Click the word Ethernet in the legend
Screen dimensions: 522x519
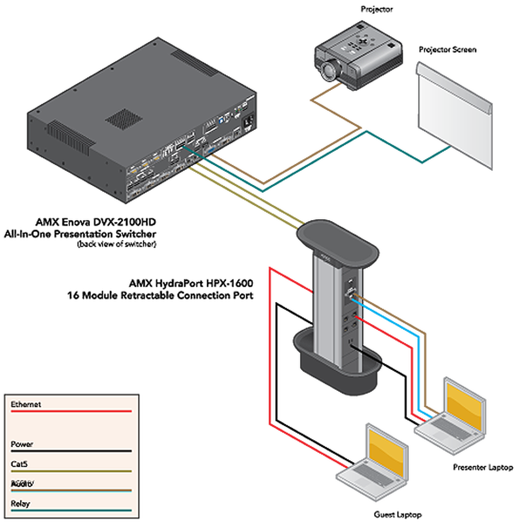(x=26, y=405)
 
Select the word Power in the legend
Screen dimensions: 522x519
(x=22, y=444)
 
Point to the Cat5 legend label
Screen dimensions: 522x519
(x=19, y=464)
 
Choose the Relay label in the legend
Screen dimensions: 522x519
(x=20, y=504)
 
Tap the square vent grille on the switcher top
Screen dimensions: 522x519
(x=124, y=118)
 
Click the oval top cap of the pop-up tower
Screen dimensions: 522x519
(x=337, y=243)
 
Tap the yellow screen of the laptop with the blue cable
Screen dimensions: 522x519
(x=465, y=405)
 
